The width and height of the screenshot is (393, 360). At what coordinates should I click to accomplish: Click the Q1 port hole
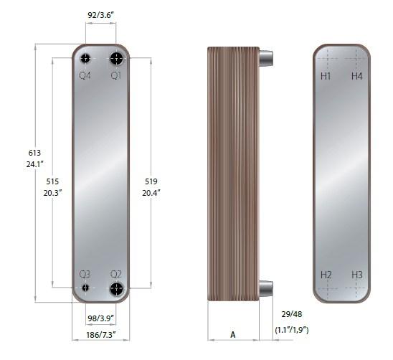point(117,58)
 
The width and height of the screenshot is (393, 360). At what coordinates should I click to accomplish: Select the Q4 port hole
point(85,59)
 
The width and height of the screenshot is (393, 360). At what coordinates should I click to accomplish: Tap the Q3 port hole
point(85,288)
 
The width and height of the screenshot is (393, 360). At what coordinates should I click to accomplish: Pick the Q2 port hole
point(117,288)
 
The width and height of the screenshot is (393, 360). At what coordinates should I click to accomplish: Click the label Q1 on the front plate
point(116,75)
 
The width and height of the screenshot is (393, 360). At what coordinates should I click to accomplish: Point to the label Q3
point(85,274)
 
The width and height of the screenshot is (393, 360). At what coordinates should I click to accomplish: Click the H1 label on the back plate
point(326,76)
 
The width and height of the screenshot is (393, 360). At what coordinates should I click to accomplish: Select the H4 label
point(357,76)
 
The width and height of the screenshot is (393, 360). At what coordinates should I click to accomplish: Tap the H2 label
point(326,275)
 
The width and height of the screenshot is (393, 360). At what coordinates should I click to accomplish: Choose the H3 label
point(357,275)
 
